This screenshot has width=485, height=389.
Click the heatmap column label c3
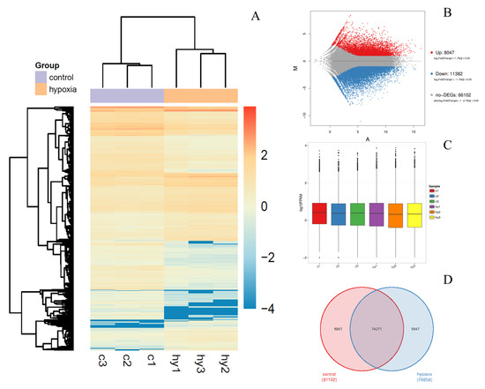tap(103, 359)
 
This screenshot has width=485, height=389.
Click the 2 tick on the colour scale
tap(269, 155)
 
